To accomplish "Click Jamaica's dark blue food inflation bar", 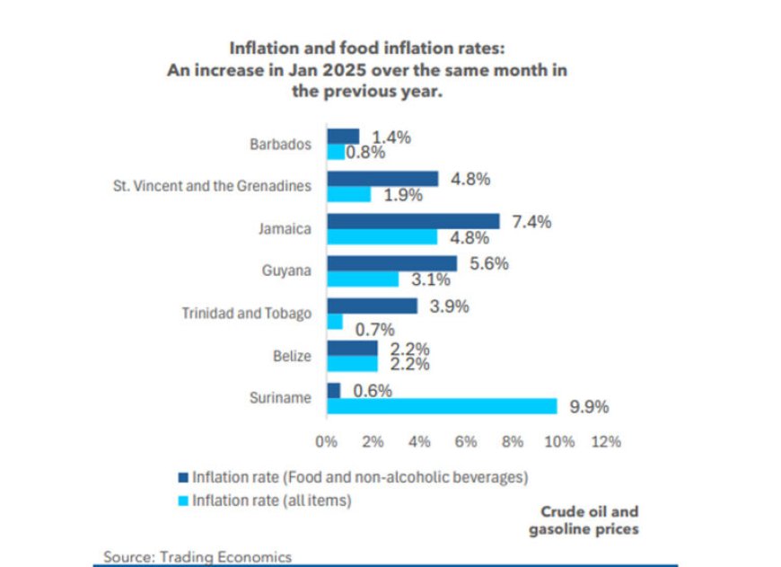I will (413, 221).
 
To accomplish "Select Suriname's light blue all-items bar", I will (442, 406).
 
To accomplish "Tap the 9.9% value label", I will (589, 407).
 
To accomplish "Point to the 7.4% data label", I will (532, 221).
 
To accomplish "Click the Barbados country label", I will (281, 144).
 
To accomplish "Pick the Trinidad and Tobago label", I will (247, 314).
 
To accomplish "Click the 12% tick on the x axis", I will (606, 442).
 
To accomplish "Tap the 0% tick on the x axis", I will (325, 442).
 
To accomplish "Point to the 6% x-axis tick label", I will (465, 442).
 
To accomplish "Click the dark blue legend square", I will (184, 477).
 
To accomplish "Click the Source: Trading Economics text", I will (197, 557).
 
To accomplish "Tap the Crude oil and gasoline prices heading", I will (589, 521).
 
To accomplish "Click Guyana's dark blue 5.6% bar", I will (391, 263).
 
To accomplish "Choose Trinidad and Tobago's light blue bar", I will (334, 321).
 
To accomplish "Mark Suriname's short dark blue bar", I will (333, 390).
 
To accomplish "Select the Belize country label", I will (293, 356).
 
